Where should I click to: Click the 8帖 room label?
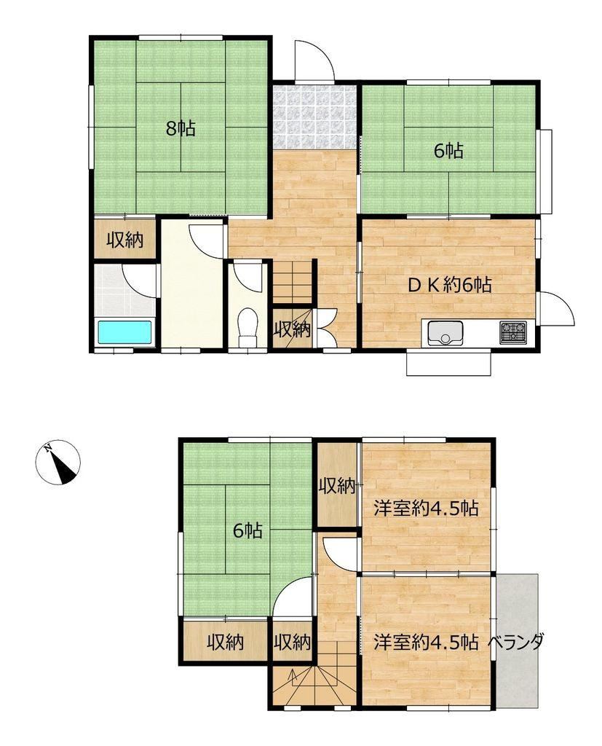click(181, 128)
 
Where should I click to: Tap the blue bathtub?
click(125, 332)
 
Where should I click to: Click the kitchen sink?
click(445, 333)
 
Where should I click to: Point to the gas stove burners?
click(512, 332)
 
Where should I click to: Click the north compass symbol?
click(58, 462)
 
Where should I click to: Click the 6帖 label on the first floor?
click(448, 151)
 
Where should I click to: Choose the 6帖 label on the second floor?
click(247, 530)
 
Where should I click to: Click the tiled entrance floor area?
click(314, 117)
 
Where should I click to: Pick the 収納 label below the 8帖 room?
click(124, 240)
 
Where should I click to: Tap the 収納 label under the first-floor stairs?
click(292, 329)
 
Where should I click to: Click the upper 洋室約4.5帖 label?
click(426, 509)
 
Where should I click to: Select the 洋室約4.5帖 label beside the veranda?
click(426, 643)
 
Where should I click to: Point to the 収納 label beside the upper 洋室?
click(337, 486)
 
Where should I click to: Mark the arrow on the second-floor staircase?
click(293, 678)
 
